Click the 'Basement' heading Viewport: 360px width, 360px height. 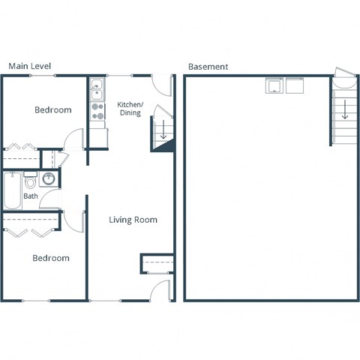(208, 66)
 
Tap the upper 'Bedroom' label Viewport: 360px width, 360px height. (53, 110)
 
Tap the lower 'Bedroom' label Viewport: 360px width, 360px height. (51, 258)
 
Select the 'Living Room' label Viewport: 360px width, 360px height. (133, 220)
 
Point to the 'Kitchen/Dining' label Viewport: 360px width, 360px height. (130, 108)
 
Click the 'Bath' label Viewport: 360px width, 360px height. (30, 196)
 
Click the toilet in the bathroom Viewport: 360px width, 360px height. (31, 181)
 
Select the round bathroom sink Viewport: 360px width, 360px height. (49, 179)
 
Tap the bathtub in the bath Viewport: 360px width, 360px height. (12, 191)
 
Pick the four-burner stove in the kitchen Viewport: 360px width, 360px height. (97, 112)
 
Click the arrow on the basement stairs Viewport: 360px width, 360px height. (344, 109)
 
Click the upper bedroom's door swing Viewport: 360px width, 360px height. (73, 139)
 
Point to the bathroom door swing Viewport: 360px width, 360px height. (51, 199)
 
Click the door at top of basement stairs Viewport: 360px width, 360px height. (342, 73)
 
